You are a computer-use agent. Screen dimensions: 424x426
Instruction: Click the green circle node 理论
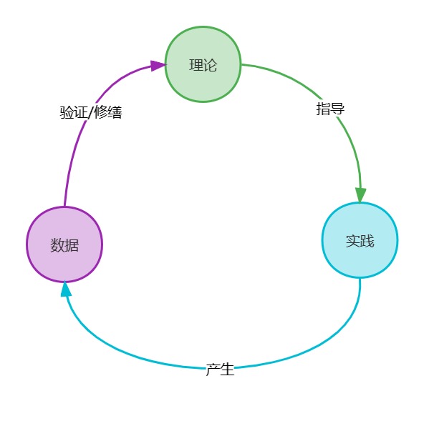203,64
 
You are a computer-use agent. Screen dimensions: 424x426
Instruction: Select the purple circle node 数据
64,244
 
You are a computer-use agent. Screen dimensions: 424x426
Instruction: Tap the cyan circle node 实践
360,240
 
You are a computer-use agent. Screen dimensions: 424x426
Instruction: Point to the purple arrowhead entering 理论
158,66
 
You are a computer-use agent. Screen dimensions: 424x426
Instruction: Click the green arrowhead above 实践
360,195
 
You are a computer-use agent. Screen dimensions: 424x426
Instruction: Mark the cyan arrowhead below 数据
66,289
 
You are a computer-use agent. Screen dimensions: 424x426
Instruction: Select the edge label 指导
330,109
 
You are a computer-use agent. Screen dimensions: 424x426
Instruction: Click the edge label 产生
220,370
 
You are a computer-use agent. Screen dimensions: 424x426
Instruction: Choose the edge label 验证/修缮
91,112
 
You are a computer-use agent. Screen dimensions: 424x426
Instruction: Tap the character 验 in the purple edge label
67,112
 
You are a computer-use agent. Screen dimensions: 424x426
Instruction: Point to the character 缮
115,112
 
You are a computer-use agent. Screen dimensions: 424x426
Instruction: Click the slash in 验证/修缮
91,112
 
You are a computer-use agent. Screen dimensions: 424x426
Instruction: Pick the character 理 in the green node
196,65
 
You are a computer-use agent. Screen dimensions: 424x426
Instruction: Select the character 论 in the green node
211,65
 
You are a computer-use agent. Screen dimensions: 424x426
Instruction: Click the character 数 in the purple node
57,245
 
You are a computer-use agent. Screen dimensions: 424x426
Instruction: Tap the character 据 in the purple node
72,245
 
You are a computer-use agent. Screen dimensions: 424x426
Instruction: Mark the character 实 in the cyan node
353,241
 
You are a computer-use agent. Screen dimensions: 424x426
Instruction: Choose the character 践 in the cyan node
367,241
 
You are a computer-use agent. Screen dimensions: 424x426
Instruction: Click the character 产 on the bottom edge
213,370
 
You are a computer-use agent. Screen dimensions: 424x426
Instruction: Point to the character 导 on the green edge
337,109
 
